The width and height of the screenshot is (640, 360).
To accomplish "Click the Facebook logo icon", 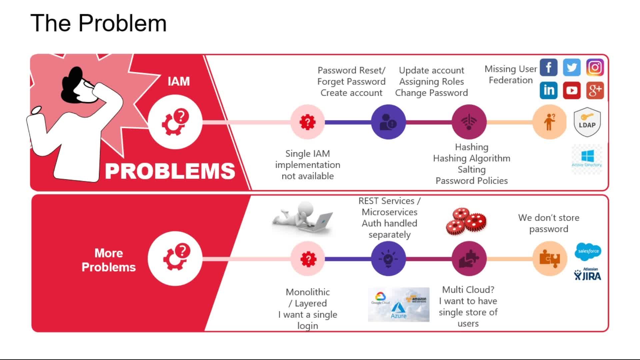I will pyautogui.click(x=548, y=67).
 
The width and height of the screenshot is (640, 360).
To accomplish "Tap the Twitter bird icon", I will pyautogui.click(x=572, y=67).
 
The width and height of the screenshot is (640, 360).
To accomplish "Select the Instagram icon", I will pyautogui.click(x=595, y=67).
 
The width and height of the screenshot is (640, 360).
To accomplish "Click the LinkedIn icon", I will pyautogui.click(x=548, y=90).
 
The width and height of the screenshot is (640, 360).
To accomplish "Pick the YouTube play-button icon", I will pyautogui.click(x=572, y=90).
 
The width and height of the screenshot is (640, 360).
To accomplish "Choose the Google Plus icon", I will pyautogui.click(x=595, y=90).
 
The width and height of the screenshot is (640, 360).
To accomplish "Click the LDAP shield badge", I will pyautogui.click(x=587, y=122).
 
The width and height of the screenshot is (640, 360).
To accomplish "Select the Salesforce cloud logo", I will pyautogui.click(x=588, y=251).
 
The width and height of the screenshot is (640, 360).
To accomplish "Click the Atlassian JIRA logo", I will pyautogui.click(x=588, y=274).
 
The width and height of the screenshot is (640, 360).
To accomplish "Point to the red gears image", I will pyautogui.click(x=466, y=221).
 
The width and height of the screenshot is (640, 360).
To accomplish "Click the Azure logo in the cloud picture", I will pyautogui.click(x=399, y=311).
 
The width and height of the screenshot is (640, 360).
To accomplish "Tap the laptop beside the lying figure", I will pyautogui.click(x=320, y=222).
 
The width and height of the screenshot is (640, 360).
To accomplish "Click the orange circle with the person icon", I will pyautogui.click(x=549, y=122).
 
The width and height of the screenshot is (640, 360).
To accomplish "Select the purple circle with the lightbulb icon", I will pyautogui.click(x=388, y=259).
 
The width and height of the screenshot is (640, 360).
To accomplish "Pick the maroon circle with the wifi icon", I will pyautogui.click(x=469, y=122).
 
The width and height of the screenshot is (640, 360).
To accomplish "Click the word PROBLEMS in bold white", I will pyautogui.click(x=170, y=171).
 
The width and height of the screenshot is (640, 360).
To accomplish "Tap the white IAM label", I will pyautogui.click(x=179, y=81).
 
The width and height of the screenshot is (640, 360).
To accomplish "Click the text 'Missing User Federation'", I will pyautogui.click(x=511, y=75).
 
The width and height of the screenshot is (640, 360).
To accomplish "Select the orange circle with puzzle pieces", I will pyautogui.click(x=549, y=259).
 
